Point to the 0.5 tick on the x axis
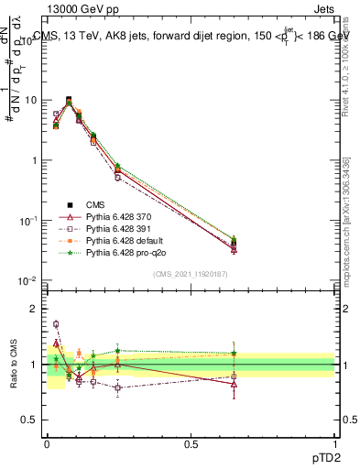click(191, 444)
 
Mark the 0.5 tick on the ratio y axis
click(31, 420)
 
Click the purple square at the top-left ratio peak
click(56, 323)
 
